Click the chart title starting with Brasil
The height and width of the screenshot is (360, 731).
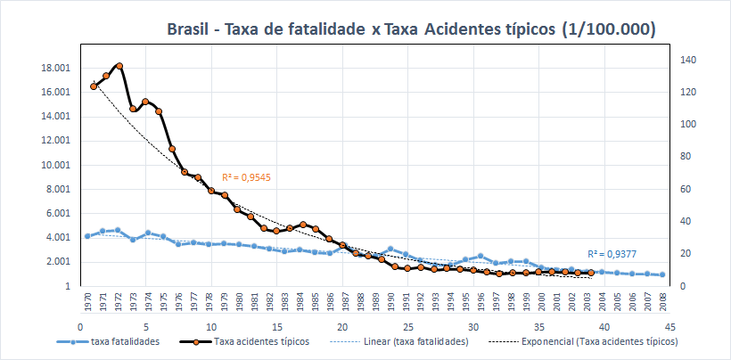pos(412,29)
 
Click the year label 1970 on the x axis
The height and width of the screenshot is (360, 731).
pos(87,301)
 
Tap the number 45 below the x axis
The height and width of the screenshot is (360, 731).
pos(670,327)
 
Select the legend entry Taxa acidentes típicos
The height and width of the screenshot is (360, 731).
pos(259,341)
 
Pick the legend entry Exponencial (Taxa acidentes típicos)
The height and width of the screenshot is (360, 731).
pos(601,341)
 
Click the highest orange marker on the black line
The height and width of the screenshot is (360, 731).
pos(119,65)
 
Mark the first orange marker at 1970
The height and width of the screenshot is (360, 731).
pos(94,86)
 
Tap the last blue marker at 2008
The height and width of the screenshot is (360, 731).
pos(662,275)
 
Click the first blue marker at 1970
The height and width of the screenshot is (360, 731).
pos(87,236)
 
